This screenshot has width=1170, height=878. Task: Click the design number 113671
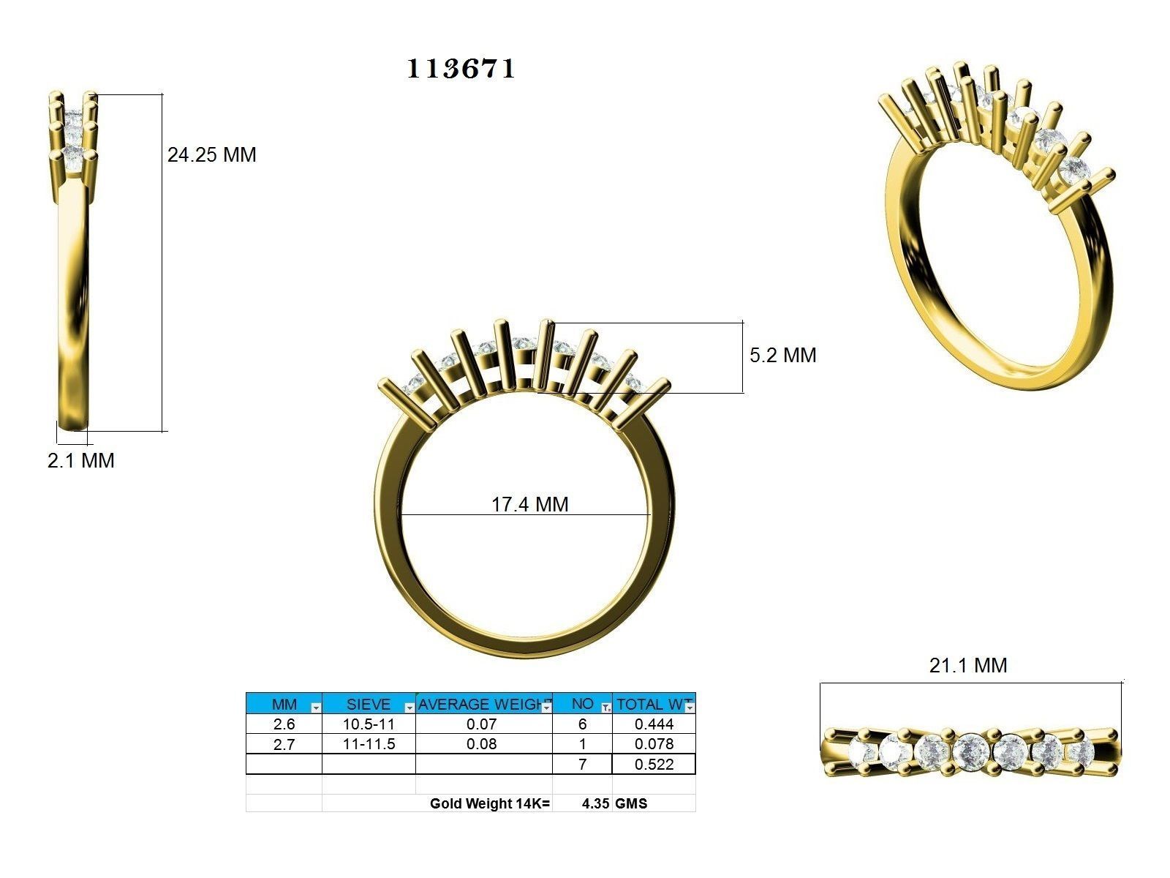tap(461, 69)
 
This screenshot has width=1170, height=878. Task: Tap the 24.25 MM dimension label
tap(211, 155)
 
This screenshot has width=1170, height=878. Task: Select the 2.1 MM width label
tap(81, 461)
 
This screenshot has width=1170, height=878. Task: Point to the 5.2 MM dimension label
tap(782, 356)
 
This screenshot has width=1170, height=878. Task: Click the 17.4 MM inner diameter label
tap(529, 504)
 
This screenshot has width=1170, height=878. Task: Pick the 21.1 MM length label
tap(967, 665)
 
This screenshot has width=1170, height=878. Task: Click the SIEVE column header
tap(368, 704)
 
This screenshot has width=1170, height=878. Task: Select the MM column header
tap(284, 704)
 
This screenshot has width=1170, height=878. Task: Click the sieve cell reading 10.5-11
tap(369, 724)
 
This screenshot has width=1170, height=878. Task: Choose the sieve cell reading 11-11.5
tap(369, 744)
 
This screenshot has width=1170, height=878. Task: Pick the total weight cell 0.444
tap(654, 724)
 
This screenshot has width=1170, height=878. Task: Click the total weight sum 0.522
tap(654, 765)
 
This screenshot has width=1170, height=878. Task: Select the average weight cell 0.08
tap(482, 744)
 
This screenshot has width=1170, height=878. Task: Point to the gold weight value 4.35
tap(596, 803)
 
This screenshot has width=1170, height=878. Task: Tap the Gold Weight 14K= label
tap(489, 803)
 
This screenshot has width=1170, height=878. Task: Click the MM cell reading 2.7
tap(284, 744)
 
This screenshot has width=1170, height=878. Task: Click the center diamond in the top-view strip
tap(971, 749)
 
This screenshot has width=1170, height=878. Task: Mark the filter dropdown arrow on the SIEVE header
tap(409, 708)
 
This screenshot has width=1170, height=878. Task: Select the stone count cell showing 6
tap(582, 724)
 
